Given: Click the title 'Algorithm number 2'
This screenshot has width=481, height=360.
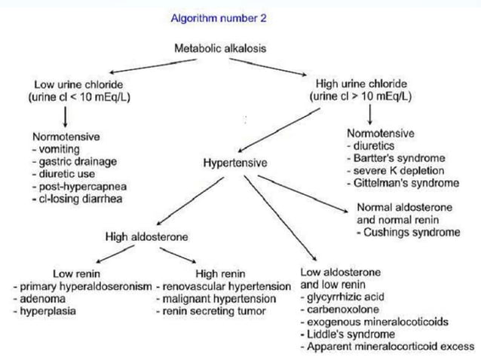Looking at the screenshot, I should [218, 18].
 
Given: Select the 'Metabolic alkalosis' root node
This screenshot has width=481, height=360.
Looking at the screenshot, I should [219, 48].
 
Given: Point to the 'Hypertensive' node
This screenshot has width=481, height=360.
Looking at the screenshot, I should [234, 162].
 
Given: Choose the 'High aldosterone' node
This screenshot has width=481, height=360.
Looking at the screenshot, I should [146, 238].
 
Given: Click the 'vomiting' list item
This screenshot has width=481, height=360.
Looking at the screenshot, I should [55, 150].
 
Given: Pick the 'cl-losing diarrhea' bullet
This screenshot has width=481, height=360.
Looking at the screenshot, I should [78, 199].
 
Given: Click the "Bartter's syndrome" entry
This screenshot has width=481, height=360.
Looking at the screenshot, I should [395, 158].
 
